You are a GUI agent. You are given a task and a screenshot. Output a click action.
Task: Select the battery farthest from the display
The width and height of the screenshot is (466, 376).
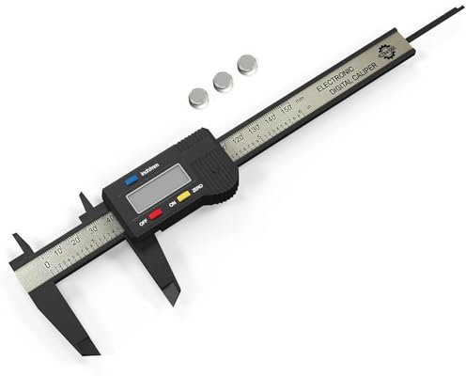[x=247, y=64]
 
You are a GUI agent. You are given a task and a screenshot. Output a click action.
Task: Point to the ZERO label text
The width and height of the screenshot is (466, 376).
[x=198, y=189]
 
